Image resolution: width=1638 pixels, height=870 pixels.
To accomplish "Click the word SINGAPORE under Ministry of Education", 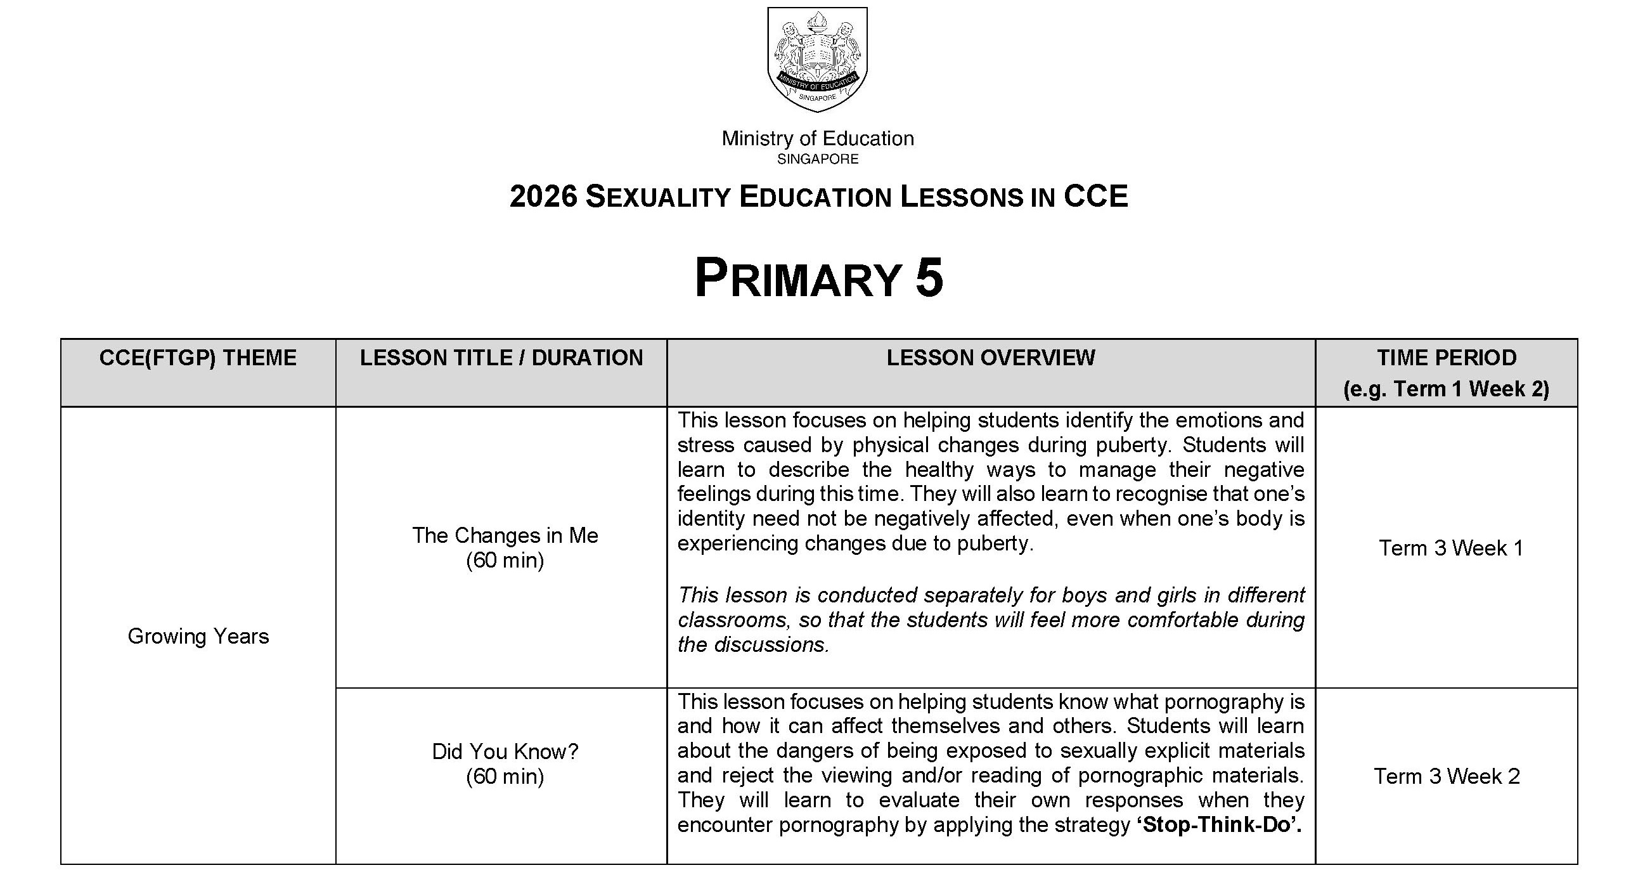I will [818, 159].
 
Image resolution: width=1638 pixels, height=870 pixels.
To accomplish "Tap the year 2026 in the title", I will [543, 196].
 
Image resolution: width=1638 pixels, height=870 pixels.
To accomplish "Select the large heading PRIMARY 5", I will [818, 278].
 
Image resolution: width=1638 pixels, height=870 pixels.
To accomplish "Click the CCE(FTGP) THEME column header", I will [198, 358].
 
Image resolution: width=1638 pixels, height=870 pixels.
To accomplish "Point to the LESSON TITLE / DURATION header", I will [501, 358].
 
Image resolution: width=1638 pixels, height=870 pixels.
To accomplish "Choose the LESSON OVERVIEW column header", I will [991, 358].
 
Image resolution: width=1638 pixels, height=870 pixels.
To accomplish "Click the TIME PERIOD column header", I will [1447, 358].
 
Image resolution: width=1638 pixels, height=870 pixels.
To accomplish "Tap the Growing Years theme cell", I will [198, 636].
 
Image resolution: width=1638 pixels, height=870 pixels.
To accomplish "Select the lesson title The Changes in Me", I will [505, 535].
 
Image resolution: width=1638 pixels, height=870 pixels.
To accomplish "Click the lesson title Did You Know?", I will [505, 751].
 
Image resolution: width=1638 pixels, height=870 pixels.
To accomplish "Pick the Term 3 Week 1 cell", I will [1451, 549].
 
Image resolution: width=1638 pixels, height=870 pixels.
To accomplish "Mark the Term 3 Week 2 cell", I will [1447, 777].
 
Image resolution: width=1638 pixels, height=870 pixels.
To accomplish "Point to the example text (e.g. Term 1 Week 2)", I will [1446, 389].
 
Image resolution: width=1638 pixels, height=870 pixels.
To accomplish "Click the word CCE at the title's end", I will [1095, 196].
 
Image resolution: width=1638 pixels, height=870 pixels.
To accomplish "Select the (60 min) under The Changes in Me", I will [505, 561].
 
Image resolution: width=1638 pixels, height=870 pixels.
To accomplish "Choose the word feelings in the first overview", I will [713, 494].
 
